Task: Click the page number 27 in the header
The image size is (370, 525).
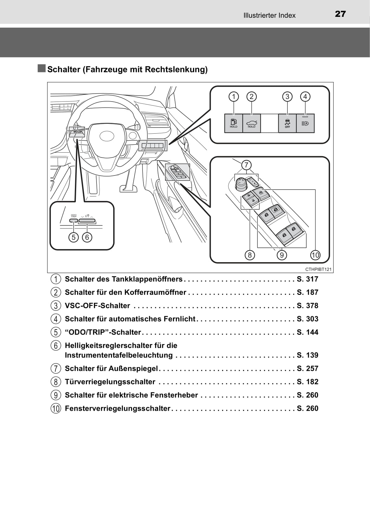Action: (x=340, y=14)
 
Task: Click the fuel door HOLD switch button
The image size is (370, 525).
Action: (x=234, y=123)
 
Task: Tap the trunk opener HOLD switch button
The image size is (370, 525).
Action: (x=251, y=123)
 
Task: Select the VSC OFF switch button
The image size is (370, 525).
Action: (x=287, y=123)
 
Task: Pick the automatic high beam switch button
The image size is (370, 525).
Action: (x=305, y=123)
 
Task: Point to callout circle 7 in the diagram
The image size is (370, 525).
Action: (x=246, y=165)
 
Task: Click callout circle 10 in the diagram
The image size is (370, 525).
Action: (x=315, y=255)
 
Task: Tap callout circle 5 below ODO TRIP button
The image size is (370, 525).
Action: (x=74, y=237)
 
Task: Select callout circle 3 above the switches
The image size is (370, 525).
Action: (x=287, y=96)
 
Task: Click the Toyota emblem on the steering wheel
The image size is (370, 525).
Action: (x=107, y=136)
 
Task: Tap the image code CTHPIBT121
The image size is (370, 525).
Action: (x=318, y=269)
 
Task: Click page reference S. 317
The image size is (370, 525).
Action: (x=307, y=279)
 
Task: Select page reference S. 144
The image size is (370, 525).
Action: (x=307, y=332)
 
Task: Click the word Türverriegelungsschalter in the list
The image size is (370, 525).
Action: (x=110, y=382)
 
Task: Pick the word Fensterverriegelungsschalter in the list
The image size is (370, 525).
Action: (x=117, y=408)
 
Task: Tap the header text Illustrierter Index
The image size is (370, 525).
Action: (x=269, y=15)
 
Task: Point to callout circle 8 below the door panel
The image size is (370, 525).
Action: (x=250, y=255)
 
